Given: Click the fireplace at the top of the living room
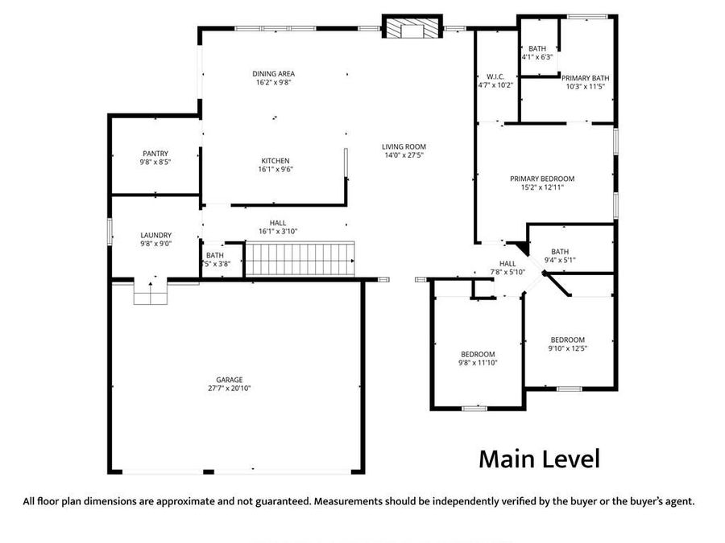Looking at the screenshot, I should point(412,29).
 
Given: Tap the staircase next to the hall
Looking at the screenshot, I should point(300,260).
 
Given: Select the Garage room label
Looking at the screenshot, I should point(229,380).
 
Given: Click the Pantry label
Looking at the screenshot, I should point(155,153).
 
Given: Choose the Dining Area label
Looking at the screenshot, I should point(274,73).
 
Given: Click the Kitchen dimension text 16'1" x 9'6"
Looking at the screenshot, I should point(274,170).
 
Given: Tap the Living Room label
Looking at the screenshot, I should point(403,146).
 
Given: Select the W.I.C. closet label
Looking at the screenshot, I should point(495,76).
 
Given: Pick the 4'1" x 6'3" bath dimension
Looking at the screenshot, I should point(536,58).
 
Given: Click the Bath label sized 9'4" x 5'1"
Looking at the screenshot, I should point(560,251).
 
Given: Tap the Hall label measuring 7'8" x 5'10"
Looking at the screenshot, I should point(507,263).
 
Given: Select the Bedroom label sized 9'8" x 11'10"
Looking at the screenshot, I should point(478,354).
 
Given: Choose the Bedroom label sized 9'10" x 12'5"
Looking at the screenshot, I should point(567,339).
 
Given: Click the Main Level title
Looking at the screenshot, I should point(539,459).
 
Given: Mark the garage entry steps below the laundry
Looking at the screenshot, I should point(151,295).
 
